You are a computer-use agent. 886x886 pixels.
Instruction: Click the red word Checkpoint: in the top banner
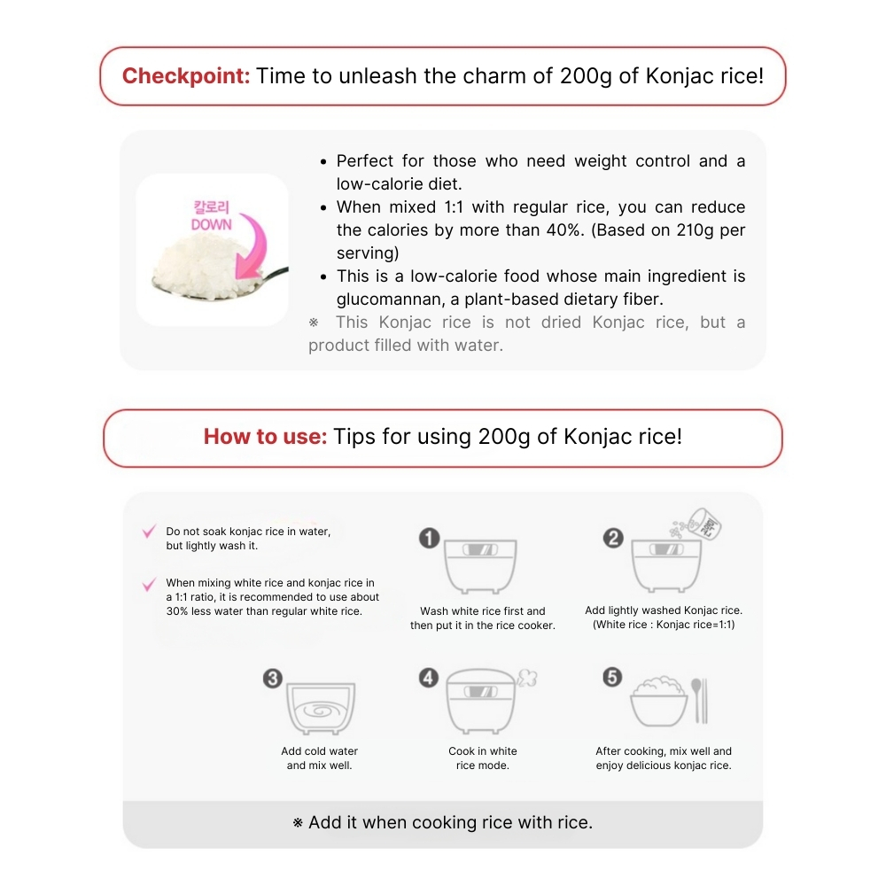pos(186,75)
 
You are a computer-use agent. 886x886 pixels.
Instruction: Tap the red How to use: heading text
pos(265,437)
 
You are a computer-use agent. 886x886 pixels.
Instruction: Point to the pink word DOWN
pos(211,225)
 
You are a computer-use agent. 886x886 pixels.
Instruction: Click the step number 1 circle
pos(429,538)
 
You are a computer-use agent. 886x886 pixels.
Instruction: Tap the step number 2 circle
pos(613,538)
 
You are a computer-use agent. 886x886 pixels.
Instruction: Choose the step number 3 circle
pos(273,679)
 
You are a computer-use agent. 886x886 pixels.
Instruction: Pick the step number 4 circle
pos(429,678)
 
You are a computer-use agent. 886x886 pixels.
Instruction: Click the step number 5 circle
pos(612,678)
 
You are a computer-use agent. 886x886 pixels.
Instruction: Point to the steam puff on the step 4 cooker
pos(528,678)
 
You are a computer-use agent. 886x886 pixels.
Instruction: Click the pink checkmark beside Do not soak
pos(149,532)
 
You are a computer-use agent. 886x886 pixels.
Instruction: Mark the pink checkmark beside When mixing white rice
pos(149,585)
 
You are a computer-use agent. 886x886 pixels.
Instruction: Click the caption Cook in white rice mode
pos(482,758)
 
